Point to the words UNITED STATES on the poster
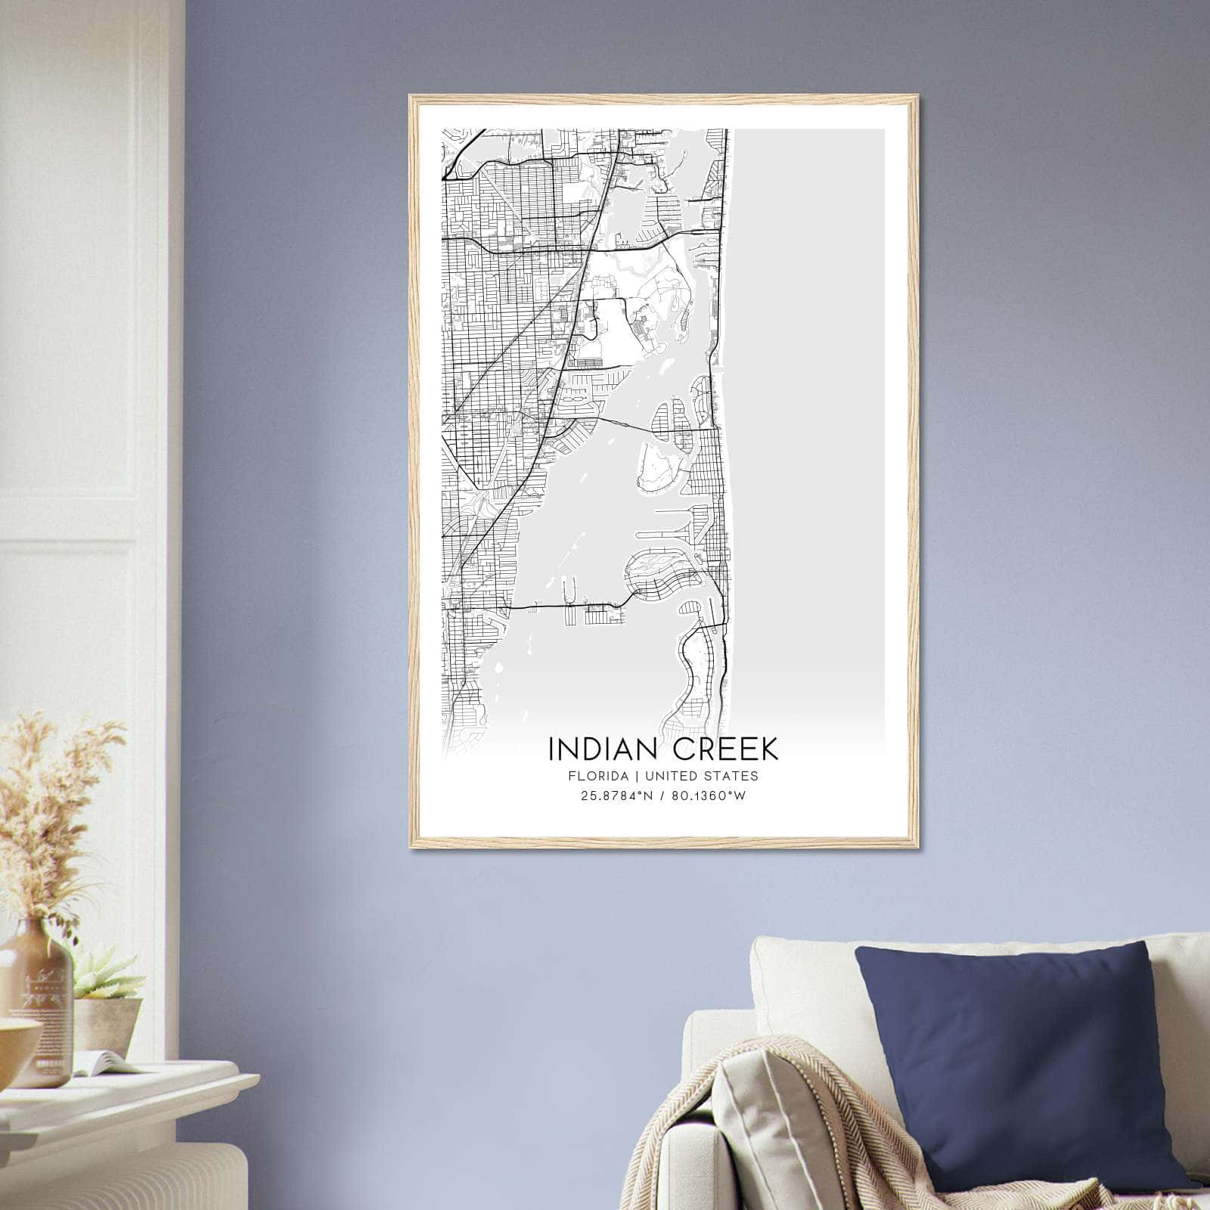(702, 775)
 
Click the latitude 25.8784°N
(613, 796)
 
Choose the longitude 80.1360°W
(705, 796)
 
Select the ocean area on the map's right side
(809, 378)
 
